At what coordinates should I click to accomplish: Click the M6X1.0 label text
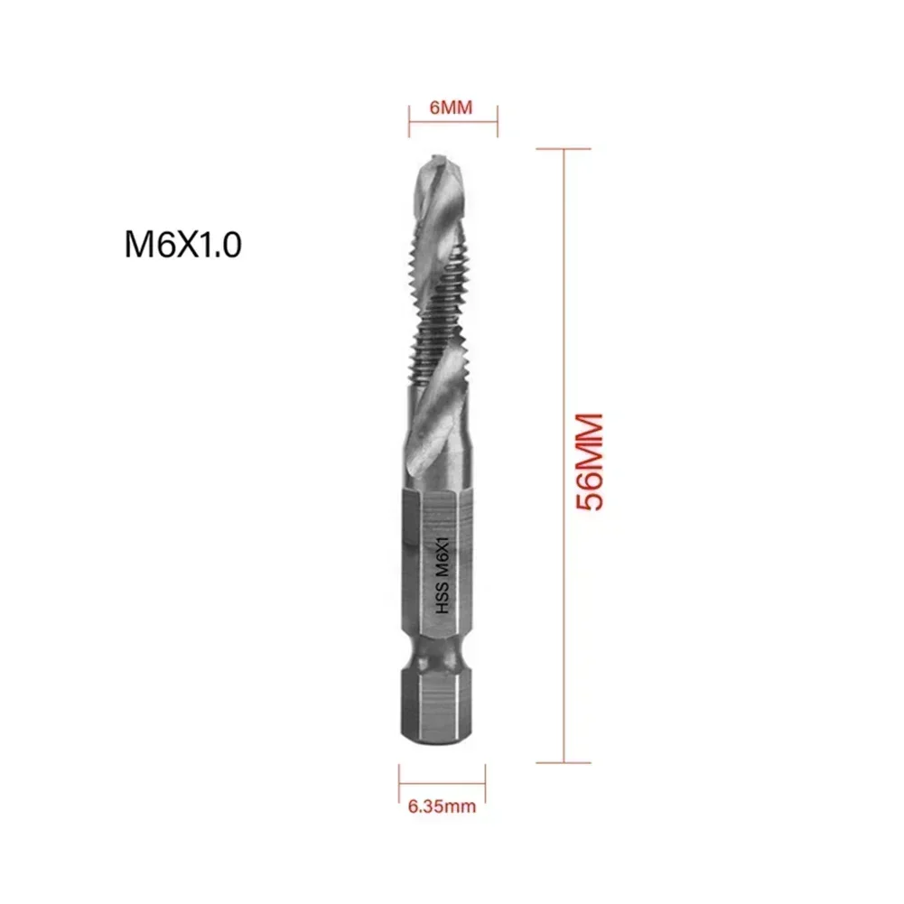tap(182, 245)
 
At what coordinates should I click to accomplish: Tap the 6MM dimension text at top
tap(452, 107)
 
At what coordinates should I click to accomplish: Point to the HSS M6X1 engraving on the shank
tap(443, 573)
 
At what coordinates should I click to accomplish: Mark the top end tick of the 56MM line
tap(564, 149)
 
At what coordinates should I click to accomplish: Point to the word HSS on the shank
tap(443, 603)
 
